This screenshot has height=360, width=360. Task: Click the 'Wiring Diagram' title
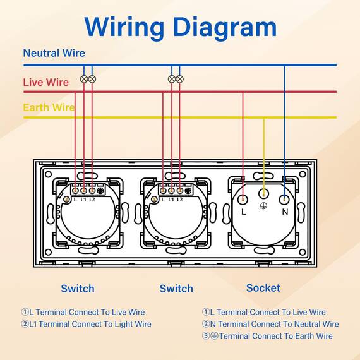[181, 28]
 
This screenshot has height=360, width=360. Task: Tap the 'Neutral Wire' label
[54, 53]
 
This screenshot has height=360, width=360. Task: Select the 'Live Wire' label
[46, 82]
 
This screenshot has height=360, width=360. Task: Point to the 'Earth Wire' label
[49, 107]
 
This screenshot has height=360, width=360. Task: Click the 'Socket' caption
[263, 288]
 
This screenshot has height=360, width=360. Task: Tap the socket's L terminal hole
[243, 200]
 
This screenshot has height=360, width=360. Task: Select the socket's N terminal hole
[284, 200]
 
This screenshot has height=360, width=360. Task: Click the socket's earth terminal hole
[263, 194]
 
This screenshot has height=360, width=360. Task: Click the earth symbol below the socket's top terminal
[263, 206]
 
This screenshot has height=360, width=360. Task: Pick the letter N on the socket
[285, 212]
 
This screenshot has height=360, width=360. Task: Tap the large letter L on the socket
[244, 212]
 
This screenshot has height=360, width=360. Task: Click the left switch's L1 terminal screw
[83, 191]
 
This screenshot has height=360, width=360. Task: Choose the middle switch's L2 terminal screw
[180, 191]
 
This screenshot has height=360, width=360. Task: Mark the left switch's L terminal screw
[75, 191]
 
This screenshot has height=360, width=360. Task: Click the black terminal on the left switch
[100, 191]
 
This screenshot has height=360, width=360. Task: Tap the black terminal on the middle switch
[188, 191]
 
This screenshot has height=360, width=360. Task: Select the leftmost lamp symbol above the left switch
[84, 79]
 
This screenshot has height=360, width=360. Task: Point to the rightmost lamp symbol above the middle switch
[180, 79]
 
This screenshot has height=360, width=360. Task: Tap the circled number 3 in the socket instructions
[205, 335]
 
